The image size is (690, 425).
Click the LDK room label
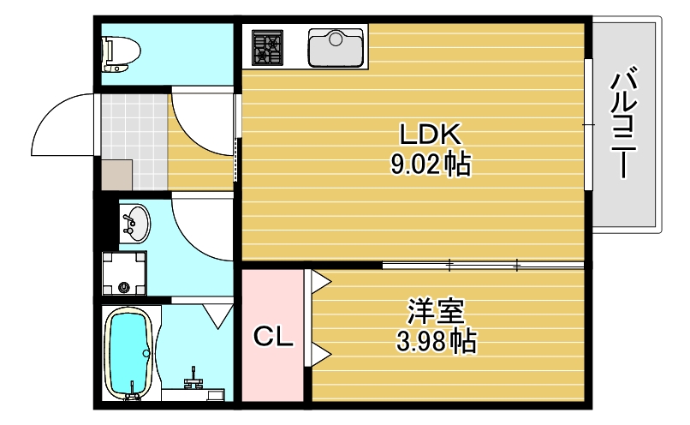pos(431,135)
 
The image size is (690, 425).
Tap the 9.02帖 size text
pos(431,164)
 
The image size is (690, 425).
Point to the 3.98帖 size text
pos(436,343)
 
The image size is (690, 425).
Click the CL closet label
pos(272,337)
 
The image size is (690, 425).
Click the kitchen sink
pos(336,47)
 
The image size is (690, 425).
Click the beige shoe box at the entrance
pos(116,174)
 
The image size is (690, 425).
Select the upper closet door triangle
pos(318,279)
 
